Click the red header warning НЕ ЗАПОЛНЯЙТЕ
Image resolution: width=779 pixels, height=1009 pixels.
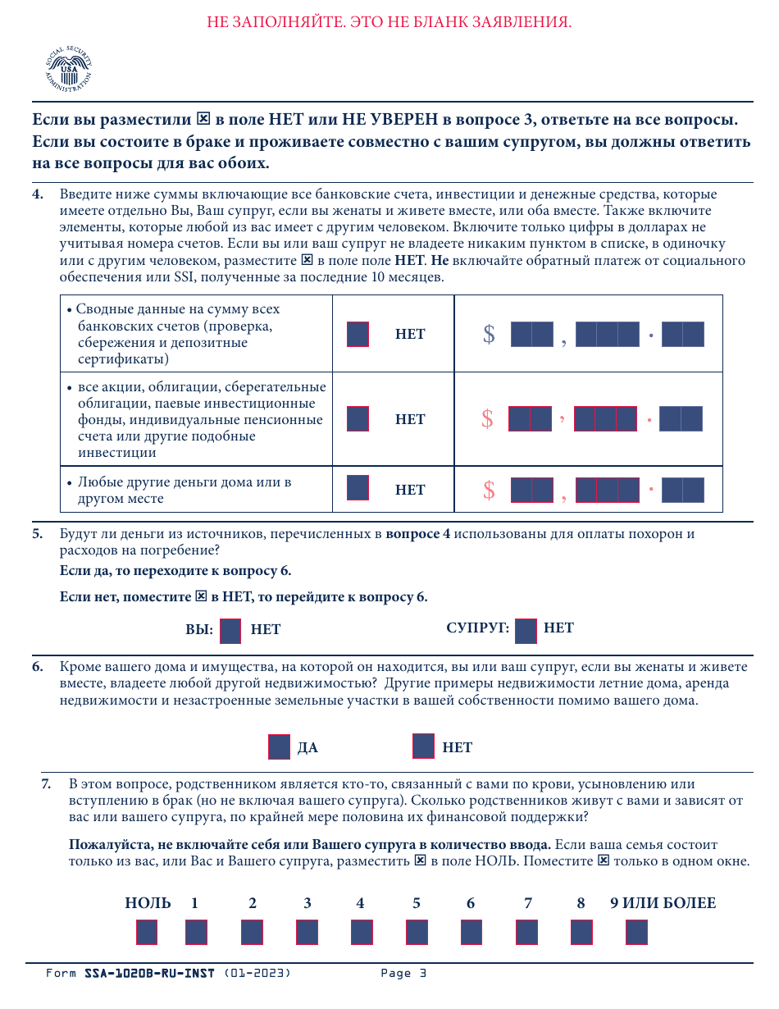(389, 22)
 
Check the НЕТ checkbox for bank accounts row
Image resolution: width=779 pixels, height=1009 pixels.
(358, 335)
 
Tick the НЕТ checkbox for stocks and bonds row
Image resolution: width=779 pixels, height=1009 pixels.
(358, 419)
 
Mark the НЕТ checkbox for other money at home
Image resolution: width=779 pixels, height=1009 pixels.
(358, 489)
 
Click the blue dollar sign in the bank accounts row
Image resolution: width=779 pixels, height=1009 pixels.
(489, 335)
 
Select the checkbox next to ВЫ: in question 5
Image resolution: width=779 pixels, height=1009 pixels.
(230, 630)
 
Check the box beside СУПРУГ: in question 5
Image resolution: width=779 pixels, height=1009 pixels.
(526, 630)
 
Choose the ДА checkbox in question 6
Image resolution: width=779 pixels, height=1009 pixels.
(279, 747)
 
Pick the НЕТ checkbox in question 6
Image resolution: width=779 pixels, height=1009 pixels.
(423, 746)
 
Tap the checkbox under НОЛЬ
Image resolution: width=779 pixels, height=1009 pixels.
(147, 932)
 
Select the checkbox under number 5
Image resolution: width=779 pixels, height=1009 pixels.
(417, 932)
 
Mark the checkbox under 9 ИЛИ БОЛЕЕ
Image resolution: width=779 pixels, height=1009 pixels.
(636, 932)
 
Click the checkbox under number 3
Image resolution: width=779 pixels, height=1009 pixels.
(307, 932)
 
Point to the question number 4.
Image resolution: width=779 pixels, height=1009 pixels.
(38, 194)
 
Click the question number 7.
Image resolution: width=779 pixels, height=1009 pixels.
(47, 784)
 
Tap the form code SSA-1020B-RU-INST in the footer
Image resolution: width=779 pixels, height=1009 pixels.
(149, 974)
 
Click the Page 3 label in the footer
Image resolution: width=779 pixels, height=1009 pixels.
(403, 974)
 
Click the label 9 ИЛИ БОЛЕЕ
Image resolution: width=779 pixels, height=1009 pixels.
(663, 903)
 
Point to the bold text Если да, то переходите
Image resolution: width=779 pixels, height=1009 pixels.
(175, 571)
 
